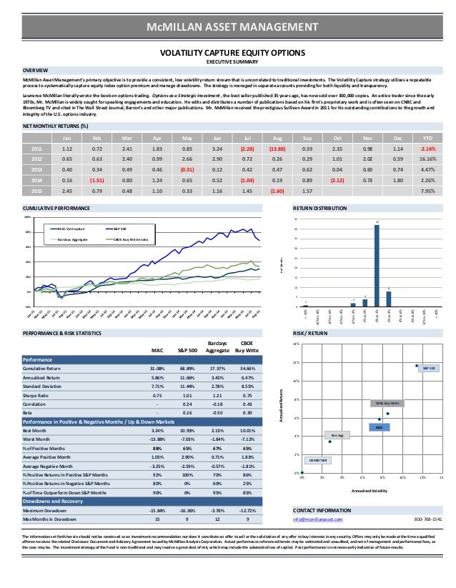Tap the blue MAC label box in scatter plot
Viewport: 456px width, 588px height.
380,427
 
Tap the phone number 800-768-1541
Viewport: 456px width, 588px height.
427,519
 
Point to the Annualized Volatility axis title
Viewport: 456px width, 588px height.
370,491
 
